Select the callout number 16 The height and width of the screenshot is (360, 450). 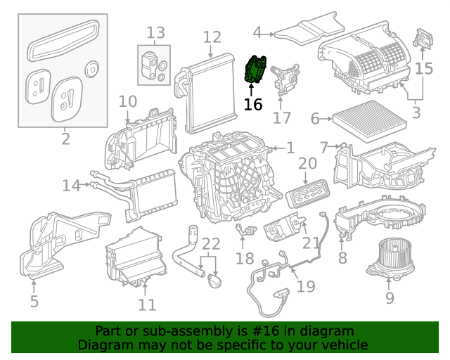(x=252, y=105)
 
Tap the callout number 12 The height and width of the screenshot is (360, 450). (x=212, y=37)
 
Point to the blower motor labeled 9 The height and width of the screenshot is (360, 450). (x=386, y=256)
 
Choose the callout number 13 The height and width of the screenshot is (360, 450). (x=155, y=32)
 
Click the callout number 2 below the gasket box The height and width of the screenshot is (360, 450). (x=65, y=139)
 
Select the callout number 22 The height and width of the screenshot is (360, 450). (x=211, y=245)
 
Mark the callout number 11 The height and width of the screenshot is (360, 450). (x=146, y=304)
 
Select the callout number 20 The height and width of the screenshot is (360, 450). (x=307, y=164)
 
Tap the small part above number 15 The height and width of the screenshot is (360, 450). (x=425, y=38)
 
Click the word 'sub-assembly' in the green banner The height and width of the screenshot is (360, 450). (x=179, y=331)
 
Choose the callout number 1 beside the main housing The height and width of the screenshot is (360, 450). (x=290, y=148)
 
